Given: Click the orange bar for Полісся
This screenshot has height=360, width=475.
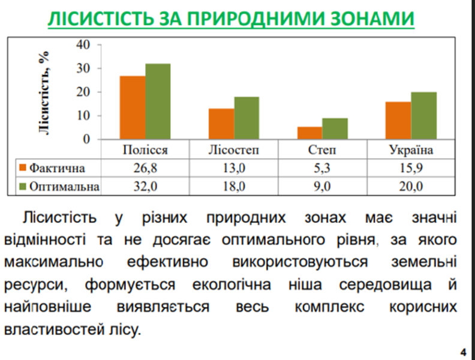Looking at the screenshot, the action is tap(133, 107).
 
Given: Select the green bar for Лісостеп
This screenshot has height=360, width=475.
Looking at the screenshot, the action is tap(246, 118).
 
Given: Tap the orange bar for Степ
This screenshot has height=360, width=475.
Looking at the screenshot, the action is tap(309, 133).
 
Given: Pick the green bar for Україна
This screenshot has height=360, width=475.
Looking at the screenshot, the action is tap(424, 116).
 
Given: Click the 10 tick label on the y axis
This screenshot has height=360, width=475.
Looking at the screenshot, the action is tap(83, 115).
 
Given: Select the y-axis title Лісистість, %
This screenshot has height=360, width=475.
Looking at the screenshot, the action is tap(44, 92).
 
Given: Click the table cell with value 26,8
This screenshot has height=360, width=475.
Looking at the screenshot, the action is tap(145, 168).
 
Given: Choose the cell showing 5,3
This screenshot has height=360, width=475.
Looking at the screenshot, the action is tap(321, 168).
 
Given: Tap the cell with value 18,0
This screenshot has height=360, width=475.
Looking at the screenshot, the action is tap(234, 187).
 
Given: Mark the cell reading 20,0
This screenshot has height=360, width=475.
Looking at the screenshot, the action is tap(411, 187).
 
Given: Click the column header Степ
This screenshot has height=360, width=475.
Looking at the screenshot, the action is tap(322, 149).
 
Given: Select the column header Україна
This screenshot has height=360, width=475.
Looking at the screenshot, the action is tap(411, 149).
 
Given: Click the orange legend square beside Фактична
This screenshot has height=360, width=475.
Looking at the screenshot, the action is tap(23, 168).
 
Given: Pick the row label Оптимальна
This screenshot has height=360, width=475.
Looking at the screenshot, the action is tap(64, 187).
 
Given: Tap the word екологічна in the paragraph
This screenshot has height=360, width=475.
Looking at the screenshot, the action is tap(232, 285).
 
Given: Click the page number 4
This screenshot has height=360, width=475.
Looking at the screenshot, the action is tap(463, 352).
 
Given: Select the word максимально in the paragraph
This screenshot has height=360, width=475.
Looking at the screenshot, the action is tap(53, 262).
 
